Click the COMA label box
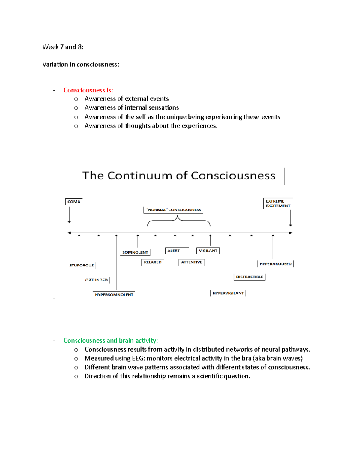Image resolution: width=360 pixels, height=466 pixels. [x=74, y=202]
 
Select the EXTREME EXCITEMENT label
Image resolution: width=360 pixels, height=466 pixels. [x=278, y=203]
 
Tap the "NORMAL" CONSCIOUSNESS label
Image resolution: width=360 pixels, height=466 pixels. [x=173, y=210]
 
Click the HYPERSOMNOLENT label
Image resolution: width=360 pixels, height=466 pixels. [x=114, y=295]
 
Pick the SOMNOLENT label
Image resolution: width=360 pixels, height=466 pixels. [x=135, y=252]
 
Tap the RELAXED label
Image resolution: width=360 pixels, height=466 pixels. [x=153, y=262]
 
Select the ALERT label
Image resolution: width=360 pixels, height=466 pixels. [x=173, y=251]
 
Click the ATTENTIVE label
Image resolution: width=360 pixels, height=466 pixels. [x=192, y=262]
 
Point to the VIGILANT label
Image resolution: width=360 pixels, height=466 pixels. [x=208, y=251]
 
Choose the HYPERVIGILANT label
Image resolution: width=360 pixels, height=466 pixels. [x=228, y=293]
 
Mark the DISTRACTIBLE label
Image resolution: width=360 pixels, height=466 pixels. [x=250, y=277]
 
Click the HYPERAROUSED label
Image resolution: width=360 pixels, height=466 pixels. [x=275, y=264]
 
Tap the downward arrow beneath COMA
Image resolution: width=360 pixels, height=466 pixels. [x=69, y=215]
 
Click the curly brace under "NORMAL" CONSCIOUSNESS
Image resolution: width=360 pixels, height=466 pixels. [x=179, y=221]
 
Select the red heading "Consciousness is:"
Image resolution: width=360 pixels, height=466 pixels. [x=88, y=90]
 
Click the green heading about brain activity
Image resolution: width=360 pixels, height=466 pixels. [x=111, y=341]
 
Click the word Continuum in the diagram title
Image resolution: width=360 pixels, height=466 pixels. [x=140, y=176]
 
